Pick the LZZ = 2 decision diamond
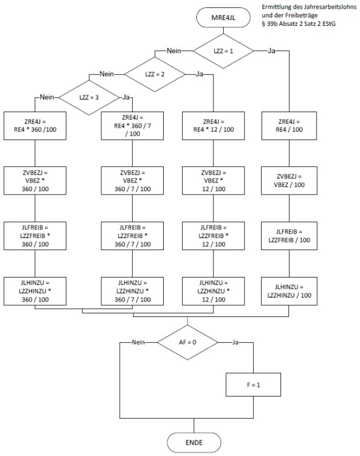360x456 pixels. tap(155, 74)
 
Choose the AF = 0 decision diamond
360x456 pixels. tap(188, 342)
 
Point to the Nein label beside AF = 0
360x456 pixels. tap(138, 342)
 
